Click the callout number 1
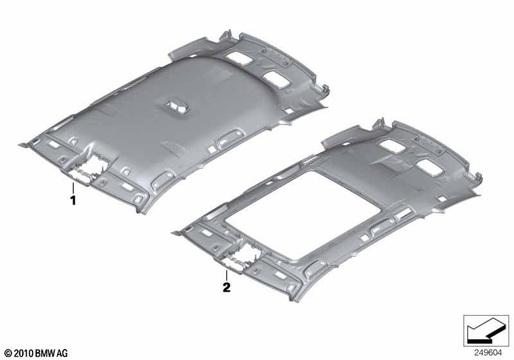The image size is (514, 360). [x=73, y=201]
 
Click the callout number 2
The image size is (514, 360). [x=227, y=287]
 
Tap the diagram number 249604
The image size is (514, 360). [x=488, y=353]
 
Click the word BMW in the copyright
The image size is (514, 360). [x=45, y=353]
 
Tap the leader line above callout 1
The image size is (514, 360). [x=73, y=188]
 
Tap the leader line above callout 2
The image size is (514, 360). [x=227, y=275]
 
